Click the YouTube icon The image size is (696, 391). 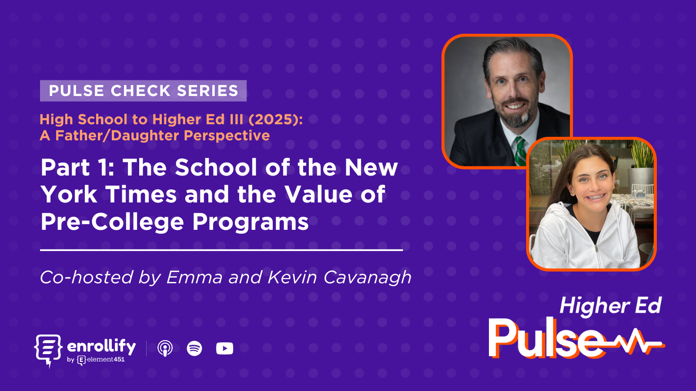(x=224, y=348)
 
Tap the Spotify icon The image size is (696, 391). (x=194, y=348)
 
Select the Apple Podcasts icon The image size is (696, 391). (x=165, y=348)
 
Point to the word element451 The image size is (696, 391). (x=106, y=359)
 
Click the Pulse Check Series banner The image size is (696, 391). (x=143, y=91)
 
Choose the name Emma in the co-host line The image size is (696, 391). (x=194, y=278)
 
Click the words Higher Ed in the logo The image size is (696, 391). (x=610, y=306)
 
